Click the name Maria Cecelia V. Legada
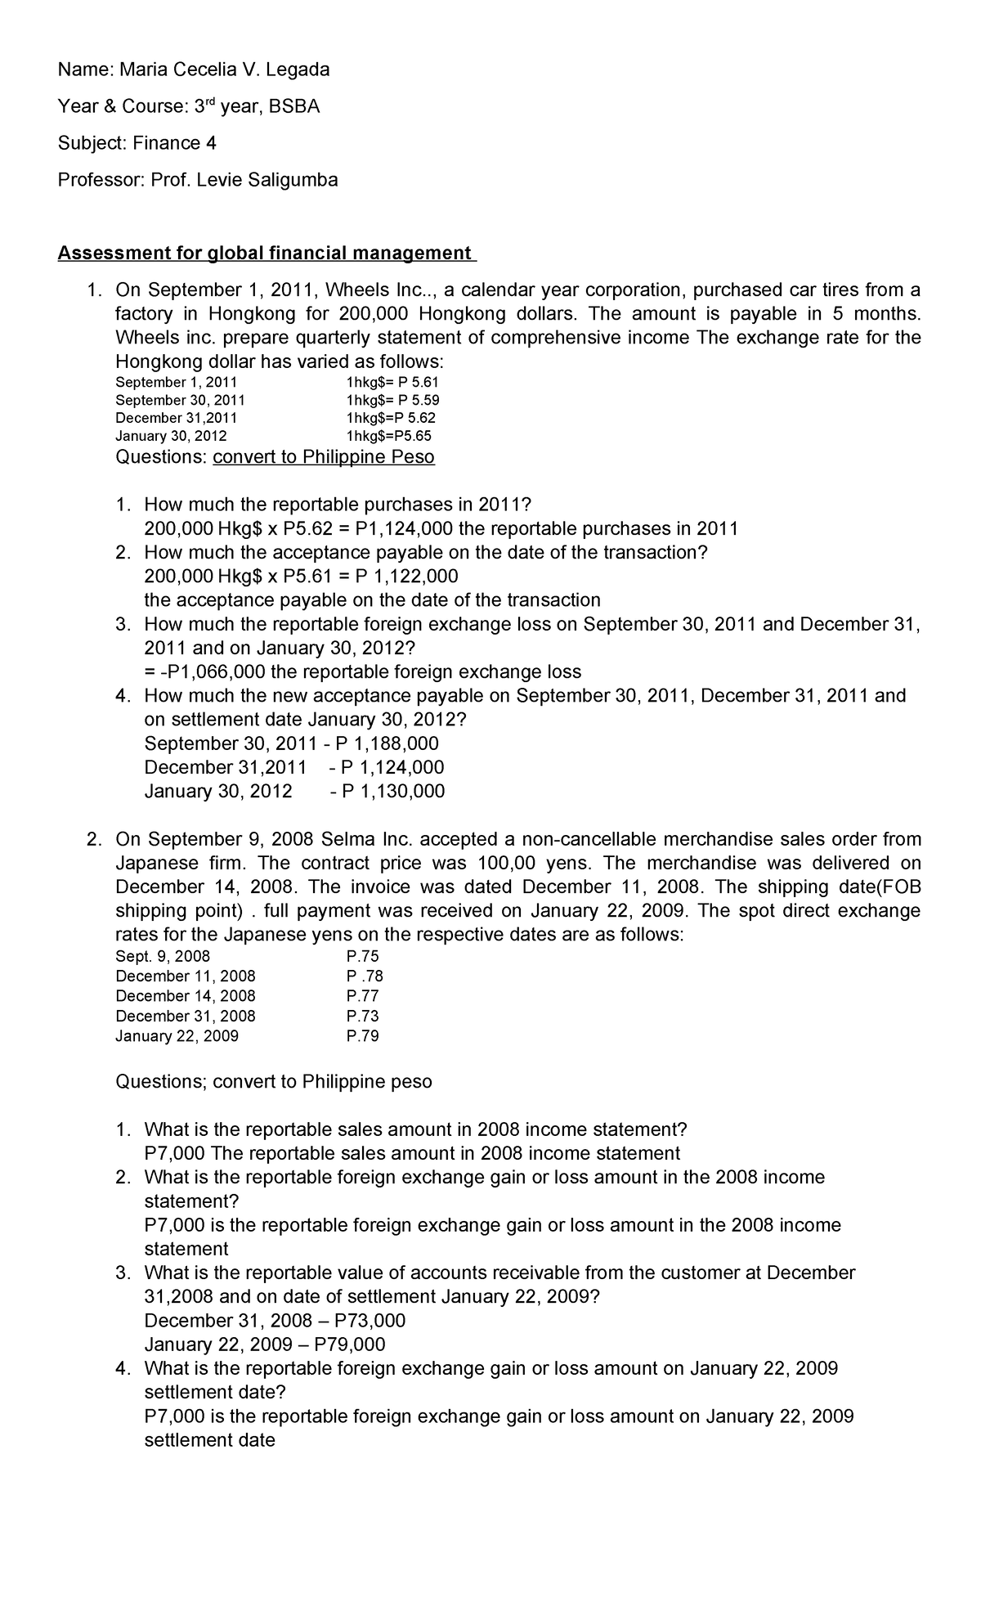pos(225,70)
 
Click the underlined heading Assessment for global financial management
pos(267,254)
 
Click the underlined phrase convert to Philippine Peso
pos(324,457)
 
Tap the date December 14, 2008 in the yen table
pos(186,996)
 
